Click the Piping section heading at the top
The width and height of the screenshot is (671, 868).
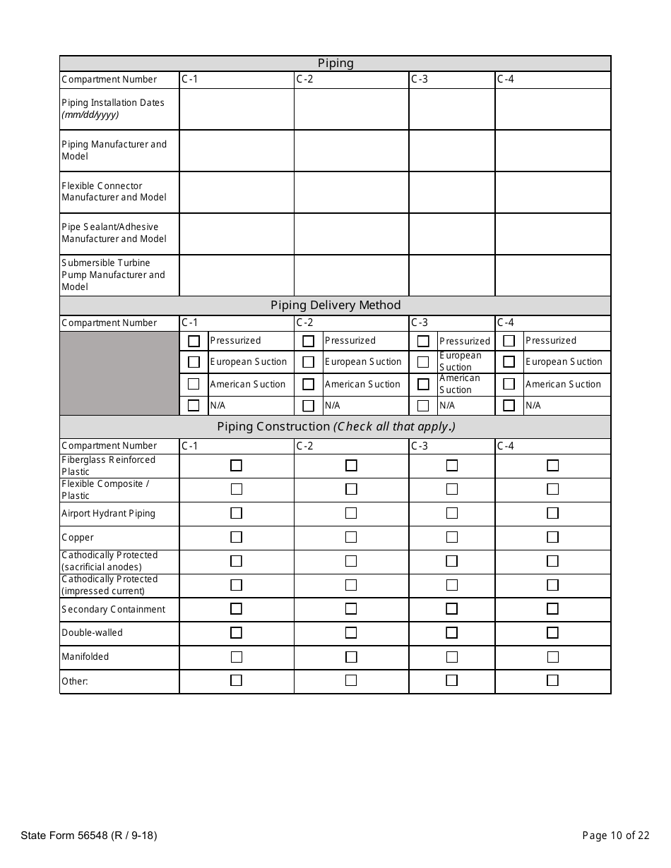[335, 64]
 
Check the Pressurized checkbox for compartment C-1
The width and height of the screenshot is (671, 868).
[194, 341]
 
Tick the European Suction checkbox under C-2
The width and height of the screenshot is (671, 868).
[308, 362]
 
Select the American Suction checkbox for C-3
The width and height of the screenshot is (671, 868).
[423, 385]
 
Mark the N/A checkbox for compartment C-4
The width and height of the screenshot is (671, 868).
[509, 406]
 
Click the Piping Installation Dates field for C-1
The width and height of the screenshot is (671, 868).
[237, 109]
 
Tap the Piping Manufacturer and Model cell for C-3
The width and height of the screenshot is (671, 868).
[452, 150]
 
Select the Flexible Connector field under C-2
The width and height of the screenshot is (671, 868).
[351, 192]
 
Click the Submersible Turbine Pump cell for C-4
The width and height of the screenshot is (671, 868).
[552, 275]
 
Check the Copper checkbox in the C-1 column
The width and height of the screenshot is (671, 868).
[236, 537]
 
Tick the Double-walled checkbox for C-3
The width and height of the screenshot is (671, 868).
[452, 633]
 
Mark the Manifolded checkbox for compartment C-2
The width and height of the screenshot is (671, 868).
[351, 657]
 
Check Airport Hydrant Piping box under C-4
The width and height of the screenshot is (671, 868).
[552, 513]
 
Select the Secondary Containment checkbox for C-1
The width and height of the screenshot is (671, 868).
[236, 609]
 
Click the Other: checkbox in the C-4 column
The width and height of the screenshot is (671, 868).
[552, 681]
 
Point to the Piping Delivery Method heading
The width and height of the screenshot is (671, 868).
[335, 306]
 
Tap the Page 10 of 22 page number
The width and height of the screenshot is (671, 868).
[615, 836]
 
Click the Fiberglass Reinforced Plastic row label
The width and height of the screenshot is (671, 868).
[108, 466]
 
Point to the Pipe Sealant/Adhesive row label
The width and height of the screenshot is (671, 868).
[114, 233]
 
